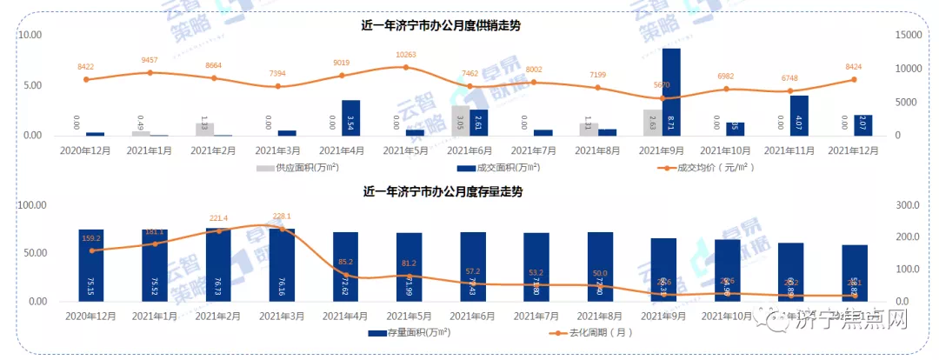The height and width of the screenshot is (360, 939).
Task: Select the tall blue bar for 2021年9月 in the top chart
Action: (671, 92)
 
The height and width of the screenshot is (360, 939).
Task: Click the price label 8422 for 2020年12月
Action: (86, 67)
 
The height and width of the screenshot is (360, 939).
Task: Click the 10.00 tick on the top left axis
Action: (30, 35)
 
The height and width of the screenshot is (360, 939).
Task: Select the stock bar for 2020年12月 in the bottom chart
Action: (90, 265)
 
